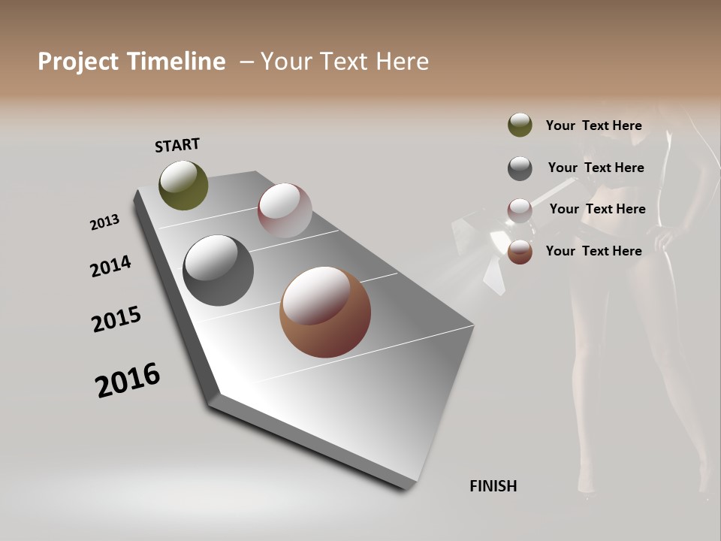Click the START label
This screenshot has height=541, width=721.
click(x=177, y=145)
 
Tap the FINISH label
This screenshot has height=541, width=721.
click(x=493, y=486)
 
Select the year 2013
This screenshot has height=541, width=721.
click(x=104, y=222)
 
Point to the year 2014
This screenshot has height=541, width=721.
click(x=110, y=267)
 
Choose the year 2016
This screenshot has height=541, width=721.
click(x=128, y=380)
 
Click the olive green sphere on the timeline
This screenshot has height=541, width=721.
click(x=183, y=185)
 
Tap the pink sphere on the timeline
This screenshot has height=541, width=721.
click(x=285, y=210)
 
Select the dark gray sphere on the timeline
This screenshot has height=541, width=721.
click(x=218, y=270)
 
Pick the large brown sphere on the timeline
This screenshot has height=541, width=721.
click(x=325, y=312)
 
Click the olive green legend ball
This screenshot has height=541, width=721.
click(x=520, y=125)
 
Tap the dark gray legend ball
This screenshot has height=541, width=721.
click(x=520, y=168)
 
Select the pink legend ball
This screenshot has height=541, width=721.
click(x=520, y=210)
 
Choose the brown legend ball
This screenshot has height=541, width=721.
click(x=520, y=252)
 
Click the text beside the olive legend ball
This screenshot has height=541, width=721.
click(x=593, y=125)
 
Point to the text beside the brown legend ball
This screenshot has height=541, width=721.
click(x=593, y=251)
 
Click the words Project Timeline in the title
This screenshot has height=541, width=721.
click(x=131, y=62)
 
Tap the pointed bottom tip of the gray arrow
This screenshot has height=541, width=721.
click(x=409, y=486)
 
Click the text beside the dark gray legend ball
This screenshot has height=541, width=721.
click(x=596, y=168)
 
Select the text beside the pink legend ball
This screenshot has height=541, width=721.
click(x=597, y=209)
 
